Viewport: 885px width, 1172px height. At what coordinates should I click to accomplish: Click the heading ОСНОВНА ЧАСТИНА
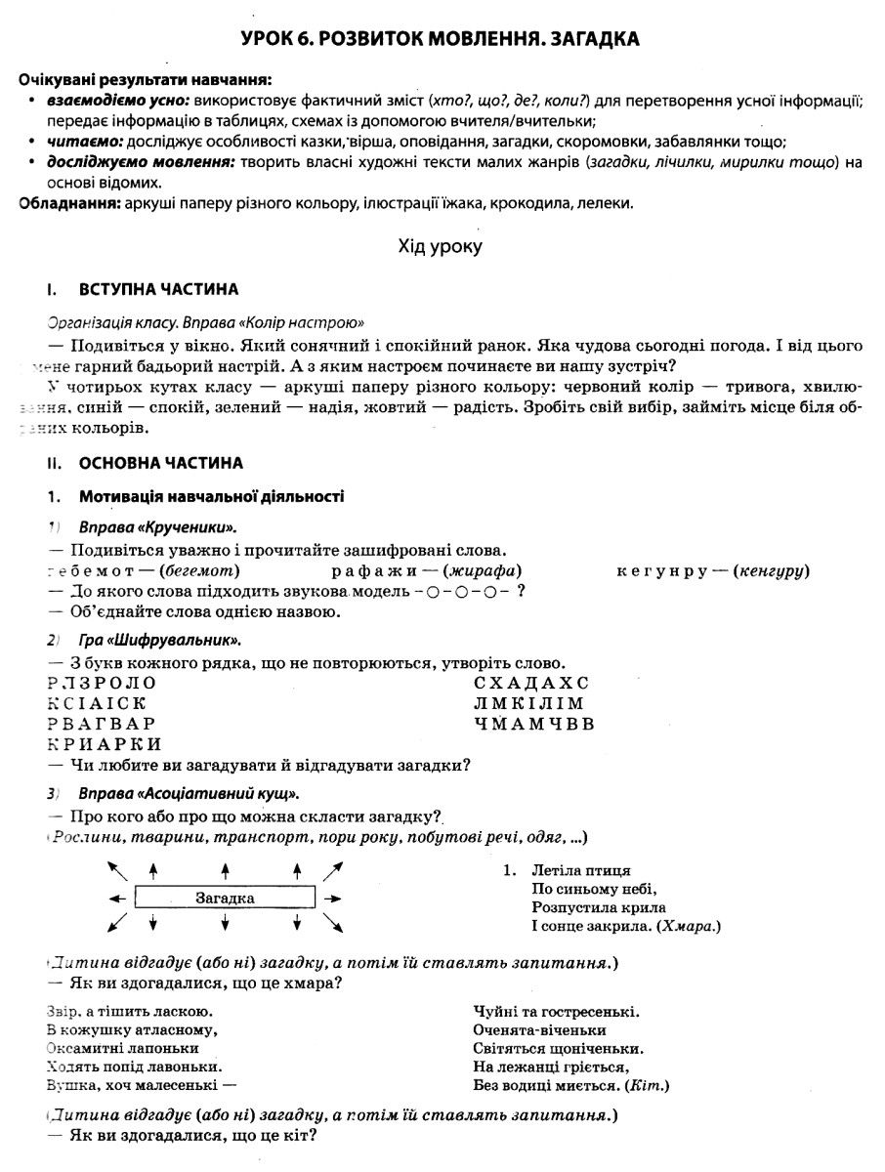161,463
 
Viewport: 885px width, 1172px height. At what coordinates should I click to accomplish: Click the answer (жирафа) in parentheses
482,570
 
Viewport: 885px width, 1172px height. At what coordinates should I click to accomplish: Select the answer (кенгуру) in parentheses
771,570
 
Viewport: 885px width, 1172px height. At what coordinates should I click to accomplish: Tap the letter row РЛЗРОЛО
102,682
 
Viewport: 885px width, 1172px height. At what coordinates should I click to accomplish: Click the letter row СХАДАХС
531,682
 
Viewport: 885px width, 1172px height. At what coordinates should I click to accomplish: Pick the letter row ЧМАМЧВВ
533,724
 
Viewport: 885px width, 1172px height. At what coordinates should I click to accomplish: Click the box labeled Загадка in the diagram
225,898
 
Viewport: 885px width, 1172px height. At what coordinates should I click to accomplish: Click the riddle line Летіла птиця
581,870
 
